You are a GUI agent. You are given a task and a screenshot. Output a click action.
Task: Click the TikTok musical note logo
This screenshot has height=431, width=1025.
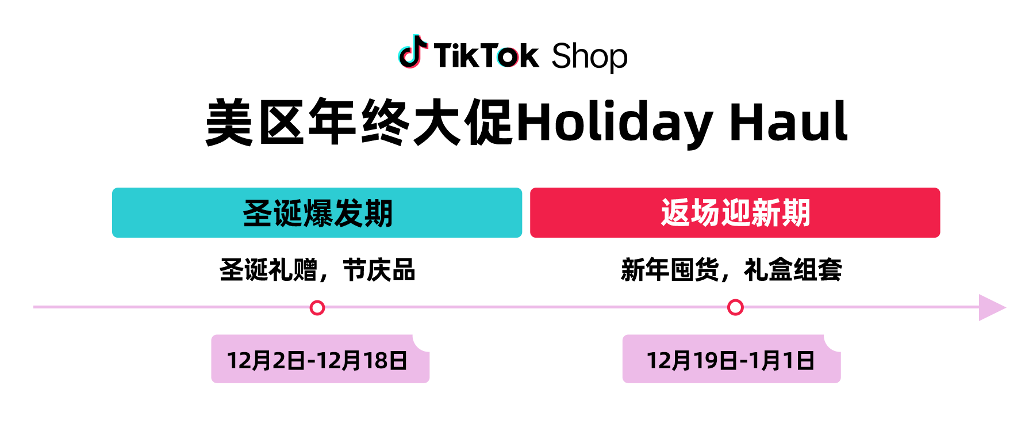pyautogui.click(x=414, y=54)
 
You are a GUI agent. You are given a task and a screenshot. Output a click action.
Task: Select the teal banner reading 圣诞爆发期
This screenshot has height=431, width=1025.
pyautogui.click(x=317, y=213)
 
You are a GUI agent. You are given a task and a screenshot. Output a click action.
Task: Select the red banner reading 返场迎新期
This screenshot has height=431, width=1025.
pyautogui.click(x=735, y=213)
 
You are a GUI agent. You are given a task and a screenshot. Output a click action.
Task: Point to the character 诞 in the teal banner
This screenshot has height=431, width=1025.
pyautogui.click(x=287, y=213)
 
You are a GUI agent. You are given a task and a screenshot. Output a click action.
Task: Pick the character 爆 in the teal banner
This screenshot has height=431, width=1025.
pyautogui.click(x=317, y=213)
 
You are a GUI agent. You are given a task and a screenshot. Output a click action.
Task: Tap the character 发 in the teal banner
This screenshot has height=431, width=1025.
pyautogui.click(x=348, y=213)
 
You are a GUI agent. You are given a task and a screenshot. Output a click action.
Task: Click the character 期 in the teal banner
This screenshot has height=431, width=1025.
pyautogui.click(x=378, y=213)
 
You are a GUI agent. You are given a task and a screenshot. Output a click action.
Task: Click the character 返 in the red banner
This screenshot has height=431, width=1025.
pyautogui.click(x=675, y=213)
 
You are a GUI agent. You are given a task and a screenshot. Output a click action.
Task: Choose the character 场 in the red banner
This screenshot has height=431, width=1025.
pyautogui.click(x=705, y=213)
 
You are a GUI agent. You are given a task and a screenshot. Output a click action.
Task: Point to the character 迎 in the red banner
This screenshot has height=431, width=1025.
pyautogui.click(x=735, y=213)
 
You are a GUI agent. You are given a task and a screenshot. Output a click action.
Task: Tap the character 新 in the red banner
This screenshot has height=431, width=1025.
pyautogui.click(x=765, y=213)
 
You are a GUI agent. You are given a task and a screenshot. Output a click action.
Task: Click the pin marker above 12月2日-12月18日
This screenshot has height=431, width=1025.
pyautogui.click(x=317, y=308)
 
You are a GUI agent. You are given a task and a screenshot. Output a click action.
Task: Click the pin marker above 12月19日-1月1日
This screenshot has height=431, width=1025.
pyautogui.click(x=735, y=308)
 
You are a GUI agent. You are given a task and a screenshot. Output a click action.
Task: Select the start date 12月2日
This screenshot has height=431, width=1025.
pyautogui.click(x=266, y=361)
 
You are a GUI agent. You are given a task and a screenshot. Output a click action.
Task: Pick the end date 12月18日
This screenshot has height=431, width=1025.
pyautogui.click(x=362, y=361)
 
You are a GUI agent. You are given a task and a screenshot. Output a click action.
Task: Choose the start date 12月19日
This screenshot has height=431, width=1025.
pyautogui.click(x=692, y=361)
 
